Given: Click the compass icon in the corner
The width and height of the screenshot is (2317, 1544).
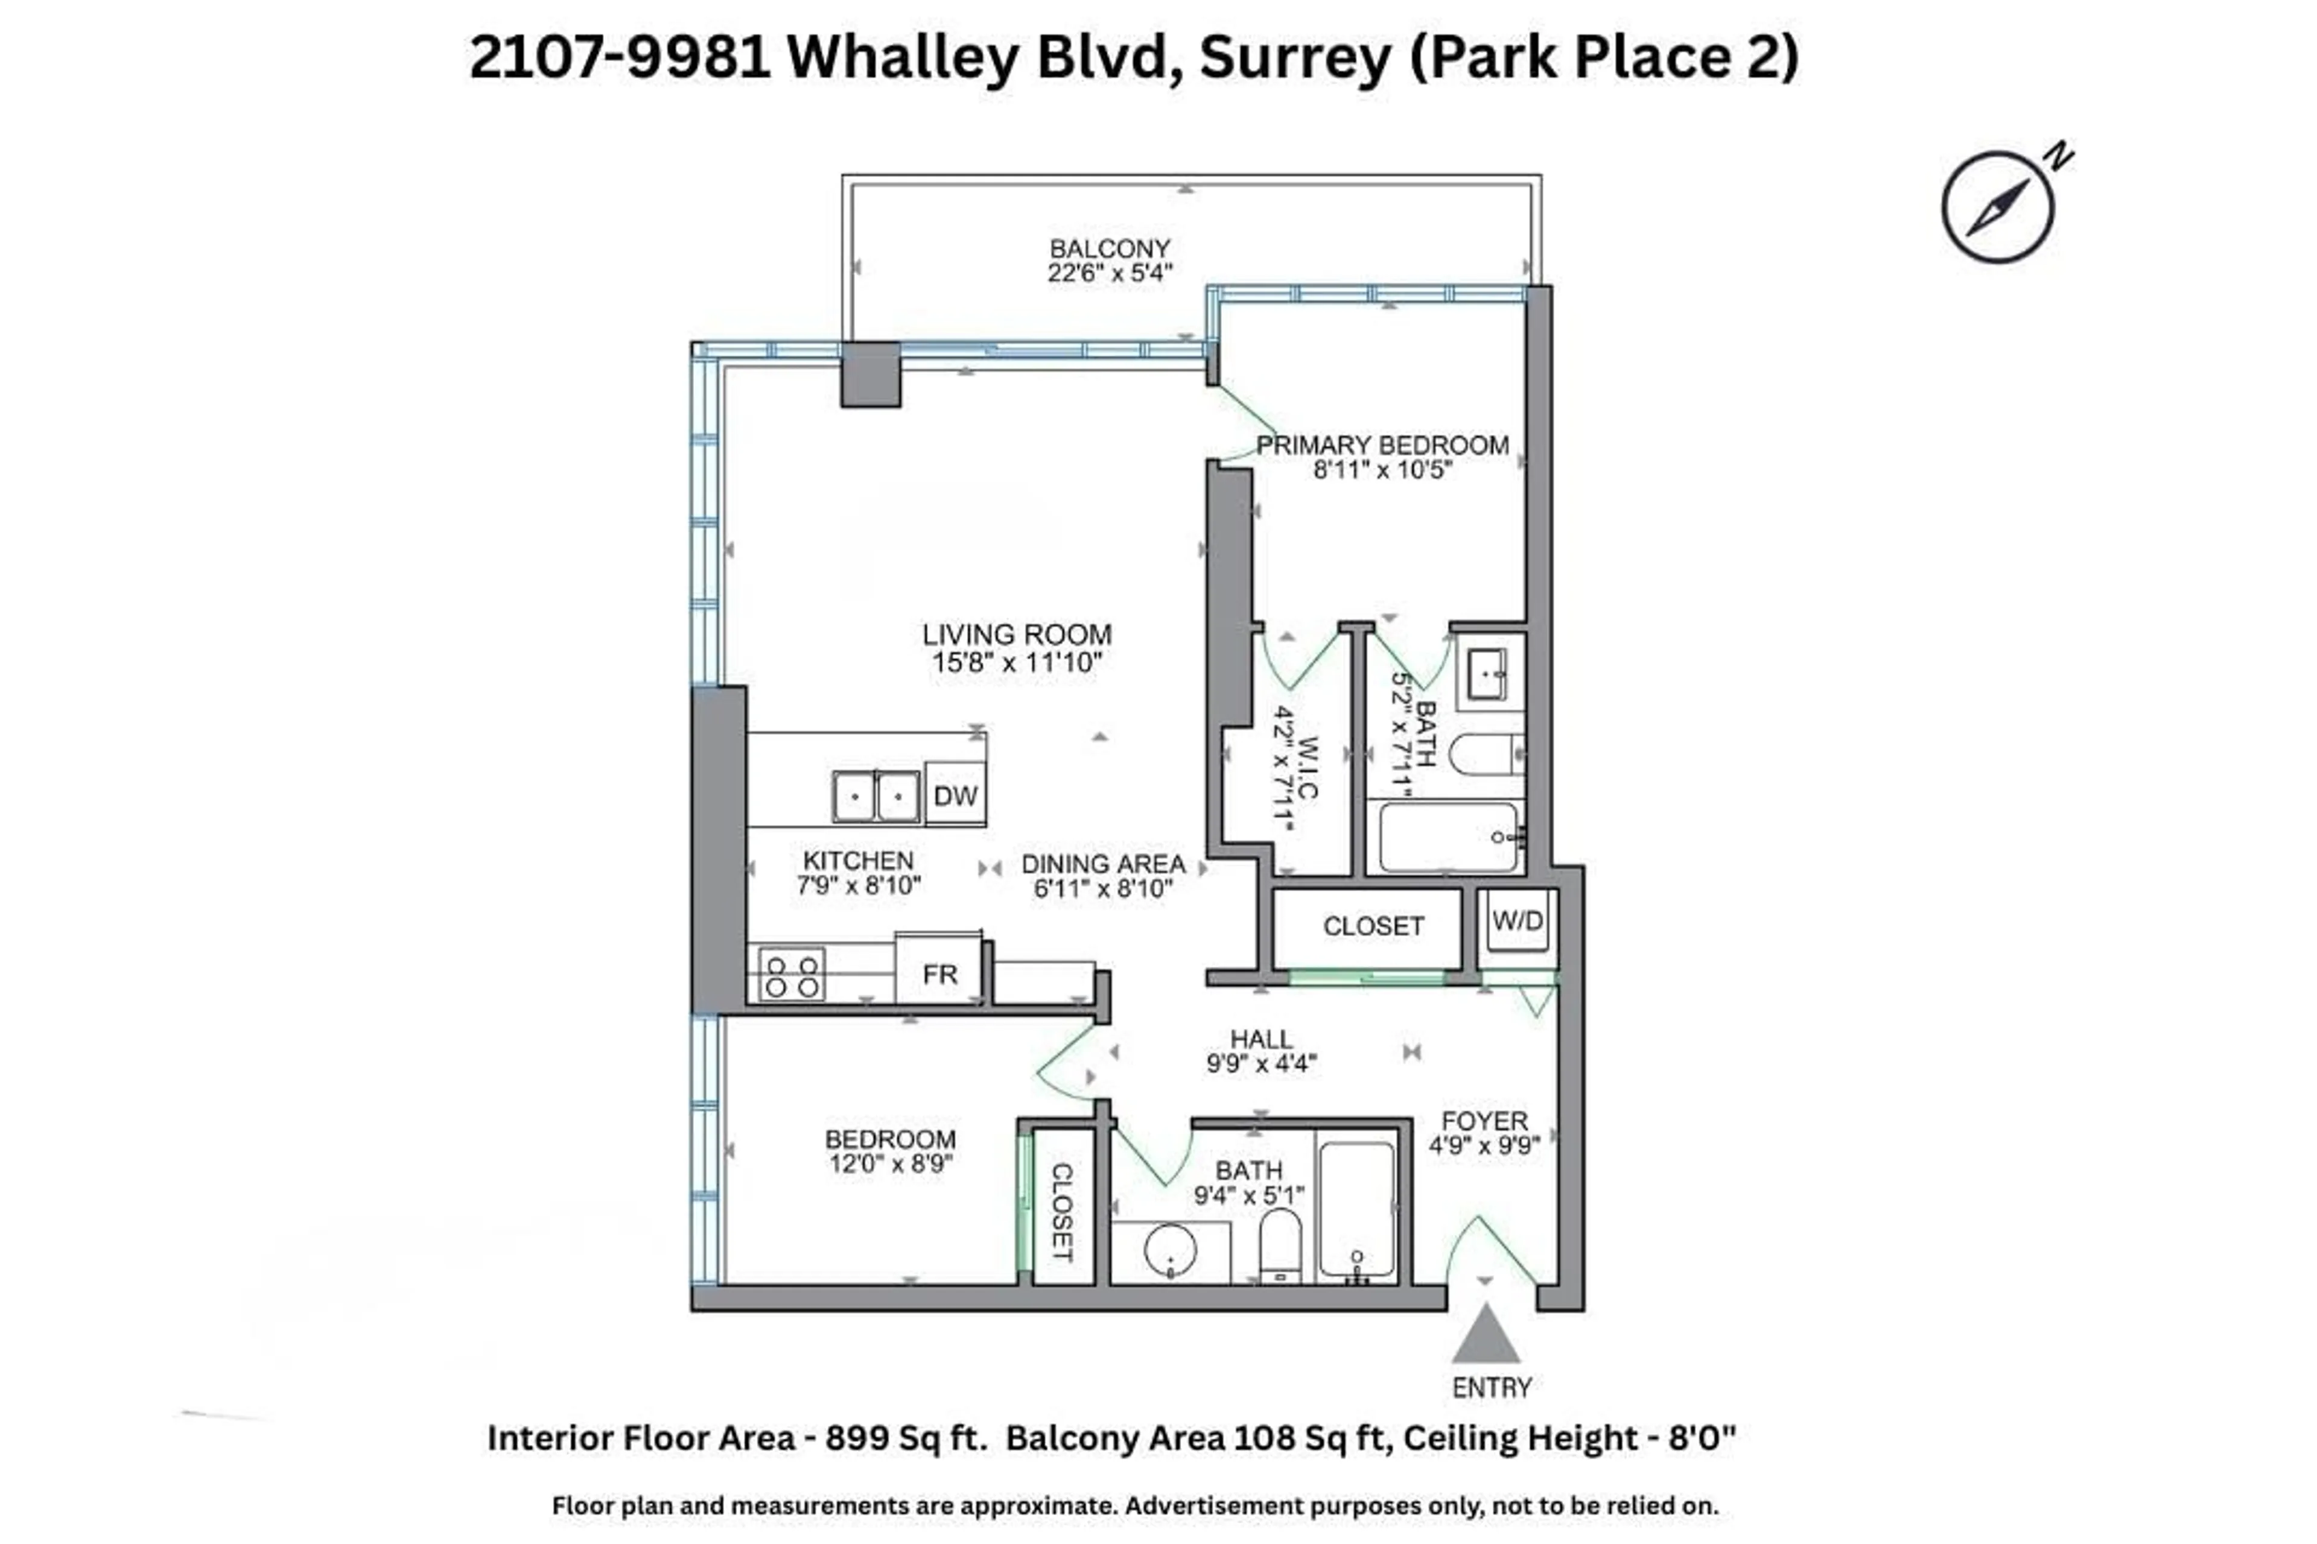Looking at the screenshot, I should pyautogui.click(x=1998, y=207).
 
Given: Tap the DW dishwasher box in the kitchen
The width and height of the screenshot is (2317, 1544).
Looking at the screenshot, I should pyautogui.click(x=955, y=795).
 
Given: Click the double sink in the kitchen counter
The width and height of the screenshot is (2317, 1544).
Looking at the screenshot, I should pyautogui.click(x=876, y=796).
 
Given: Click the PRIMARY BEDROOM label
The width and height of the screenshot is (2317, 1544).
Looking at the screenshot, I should pyautogui.click(x=1382, y=445).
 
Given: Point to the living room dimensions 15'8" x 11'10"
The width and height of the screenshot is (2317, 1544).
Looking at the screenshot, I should pyautogui.click(x=1017, y=663).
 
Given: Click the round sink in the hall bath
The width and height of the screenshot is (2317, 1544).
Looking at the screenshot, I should pyautogui.click(x=1171, y=1250).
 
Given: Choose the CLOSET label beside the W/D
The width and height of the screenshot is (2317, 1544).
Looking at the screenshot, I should pyautogui.click(x=1373, y=926).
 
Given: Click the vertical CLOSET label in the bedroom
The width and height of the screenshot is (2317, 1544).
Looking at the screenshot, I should pyautogui.click(x=1061, y=1212).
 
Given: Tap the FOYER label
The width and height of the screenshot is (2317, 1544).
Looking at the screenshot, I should pyautogui.click(x=1484, y=1121).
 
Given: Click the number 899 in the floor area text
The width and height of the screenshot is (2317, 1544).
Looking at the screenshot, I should pyautogui.click(x=856, y=1438).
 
